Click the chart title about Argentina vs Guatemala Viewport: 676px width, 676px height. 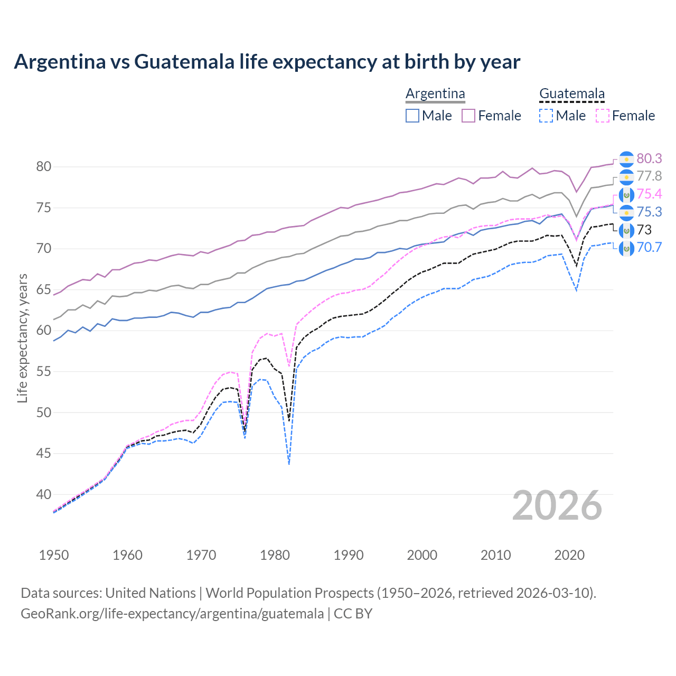[267, 62]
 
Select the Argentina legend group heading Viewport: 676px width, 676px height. [435, 94]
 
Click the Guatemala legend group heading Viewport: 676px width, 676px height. [571, 94]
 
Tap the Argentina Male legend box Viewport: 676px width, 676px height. [412, 116]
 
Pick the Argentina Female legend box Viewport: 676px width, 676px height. [468, 116]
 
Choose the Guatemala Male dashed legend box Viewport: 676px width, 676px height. [546, 116]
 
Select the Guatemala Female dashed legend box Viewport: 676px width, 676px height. [602, 116]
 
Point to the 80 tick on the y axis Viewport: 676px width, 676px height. [43, 167]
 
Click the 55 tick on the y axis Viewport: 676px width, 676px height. [43, 372]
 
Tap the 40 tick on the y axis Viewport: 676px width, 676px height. [43, 495]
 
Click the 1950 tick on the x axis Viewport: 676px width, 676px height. [54, 555]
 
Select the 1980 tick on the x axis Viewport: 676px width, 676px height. [275, 555]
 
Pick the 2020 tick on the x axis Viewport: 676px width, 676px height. [569, 555]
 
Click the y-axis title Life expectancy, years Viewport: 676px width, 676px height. [22, 338]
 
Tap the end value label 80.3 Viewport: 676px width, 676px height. [649, 159]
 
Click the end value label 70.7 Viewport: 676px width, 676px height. [649, 247]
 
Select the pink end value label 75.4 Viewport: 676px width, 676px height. [649, 194]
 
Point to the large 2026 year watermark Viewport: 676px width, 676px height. [557, 505]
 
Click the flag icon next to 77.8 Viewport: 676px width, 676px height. [626, 177]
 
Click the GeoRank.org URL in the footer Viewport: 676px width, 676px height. [172, 614]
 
